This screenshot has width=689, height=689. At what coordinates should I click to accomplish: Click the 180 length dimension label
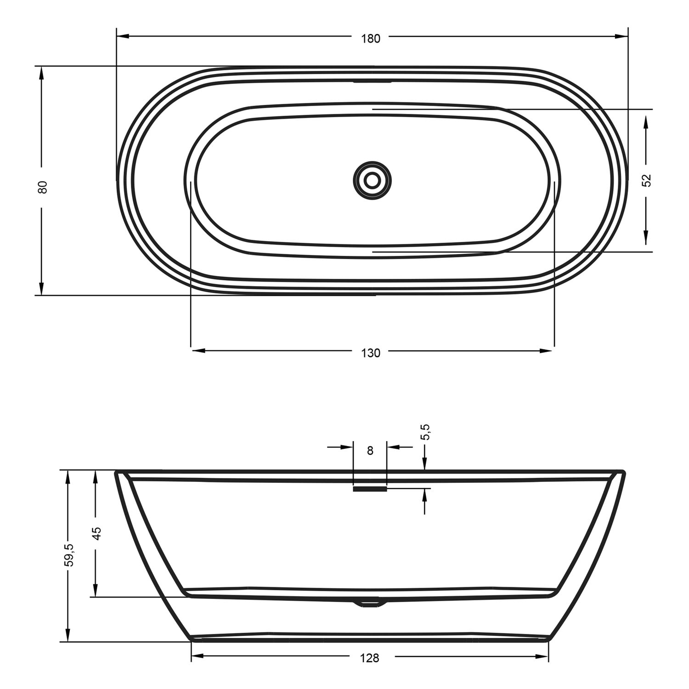coord(371,39)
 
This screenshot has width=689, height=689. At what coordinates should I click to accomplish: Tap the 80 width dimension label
coord(42,187)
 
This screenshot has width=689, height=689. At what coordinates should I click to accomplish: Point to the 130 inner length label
coord(371,353)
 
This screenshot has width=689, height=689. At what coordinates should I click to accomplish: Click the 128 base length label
coord(370,658)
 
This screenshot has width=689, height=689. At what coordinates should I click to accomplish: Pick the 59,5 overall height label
coord(70,554)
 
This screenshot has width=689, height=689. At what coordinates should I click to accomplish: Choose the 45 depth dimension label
coord(96,533)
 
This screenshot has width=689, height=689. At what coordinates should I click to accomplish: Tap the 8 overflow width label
coord(370,451)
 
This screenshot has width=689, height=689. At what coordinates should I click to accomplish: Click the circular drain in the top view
coord(373,180)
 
